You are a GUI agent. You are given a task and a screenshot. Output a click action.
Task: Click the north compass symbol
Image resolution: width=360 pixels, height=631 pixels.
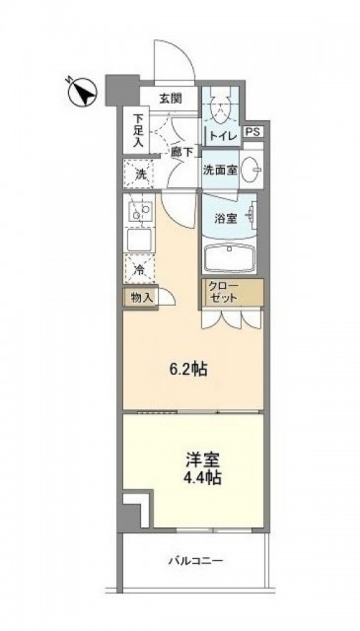click(82, 92)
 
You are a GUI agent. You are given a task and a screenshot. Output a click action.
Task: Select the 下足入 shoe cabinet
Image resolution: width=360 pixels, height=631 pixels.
click(136, 130)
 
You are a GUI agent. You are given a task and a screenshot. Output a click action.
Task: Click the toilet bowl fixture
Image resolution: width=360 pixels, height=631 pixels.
click(220, 106)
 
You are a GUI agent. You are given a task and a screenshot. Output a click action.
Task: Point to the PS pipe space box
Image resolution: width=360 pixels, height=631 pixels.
click(253, 132)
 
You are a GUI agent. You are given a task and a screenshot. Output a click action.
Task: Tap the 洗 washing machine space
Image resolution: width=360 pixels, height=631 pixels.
click(139, 174)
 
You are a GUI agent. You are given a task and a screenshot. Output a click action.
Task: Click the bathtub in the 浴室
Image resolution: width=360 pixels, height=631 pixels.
click(230, 259)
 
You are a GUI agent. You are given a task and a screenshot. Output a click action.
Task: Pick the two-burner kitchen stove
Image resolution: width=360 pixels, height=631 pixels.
click(139, 211)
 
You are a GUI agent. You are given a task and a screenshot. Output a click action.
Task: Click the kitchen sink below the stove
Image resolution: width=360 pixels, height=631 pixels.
click(140, 239)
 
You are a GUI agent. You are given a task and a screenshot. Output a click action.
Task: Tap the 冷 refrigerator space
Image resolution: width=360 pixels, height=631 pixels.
click(139, 270)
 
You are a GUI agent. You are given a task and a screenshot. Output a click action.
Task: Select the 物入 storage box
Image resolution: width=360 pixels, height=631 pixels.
click(141, 298)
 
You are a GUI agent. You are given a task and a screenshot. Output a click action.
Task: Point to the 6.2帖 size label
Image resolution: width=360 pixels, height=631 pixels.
click(188, 369)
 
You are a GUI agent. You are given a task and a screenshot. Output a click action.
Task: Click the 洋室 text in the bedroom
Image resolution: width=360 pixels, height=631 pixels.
click(202, 460)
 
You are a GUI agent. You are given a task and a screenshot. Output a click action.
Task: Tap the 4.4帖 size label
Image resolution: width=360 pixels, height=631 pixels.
click(202, 477)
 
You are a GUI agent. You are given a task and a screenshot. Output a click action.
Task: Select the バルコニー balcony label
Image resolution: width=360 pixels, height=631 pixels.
click(195, 560)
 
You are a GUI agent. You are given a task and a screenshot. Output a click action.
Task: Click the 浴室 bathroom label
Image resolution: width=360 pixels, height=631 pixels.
click(225, 218)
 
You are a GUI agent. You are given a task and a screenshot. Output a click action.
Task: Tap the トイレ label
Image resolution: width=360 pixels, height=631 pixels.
click(223, 137)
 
